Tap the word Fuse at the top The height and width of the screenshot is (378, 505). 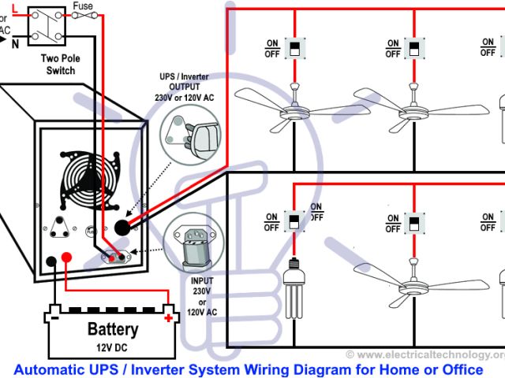pos(81,6)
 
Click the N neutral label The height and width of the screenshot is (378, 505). pos(15,45)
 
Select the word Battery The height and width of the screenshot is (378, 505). pos(113,329)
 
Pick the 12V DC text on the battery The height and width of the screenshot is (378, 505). pos(114,346)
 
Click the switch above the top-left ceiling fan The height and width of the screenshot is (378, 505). pos(295,49)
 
